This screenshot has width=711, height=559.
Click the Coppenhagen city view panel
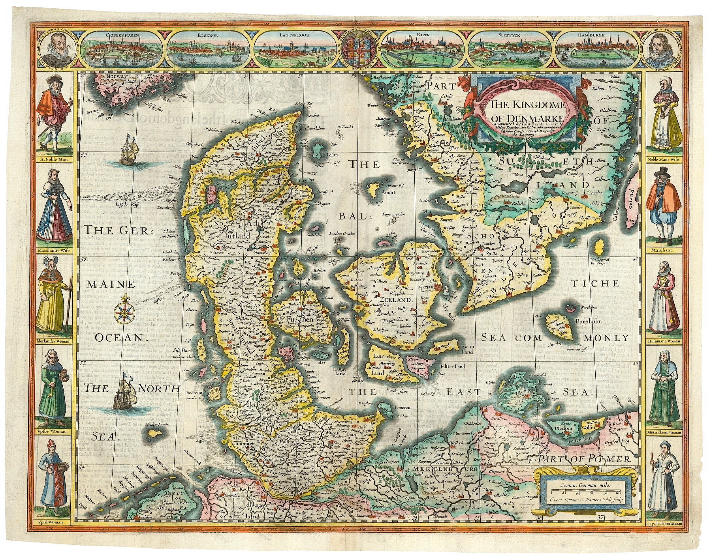123,49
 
